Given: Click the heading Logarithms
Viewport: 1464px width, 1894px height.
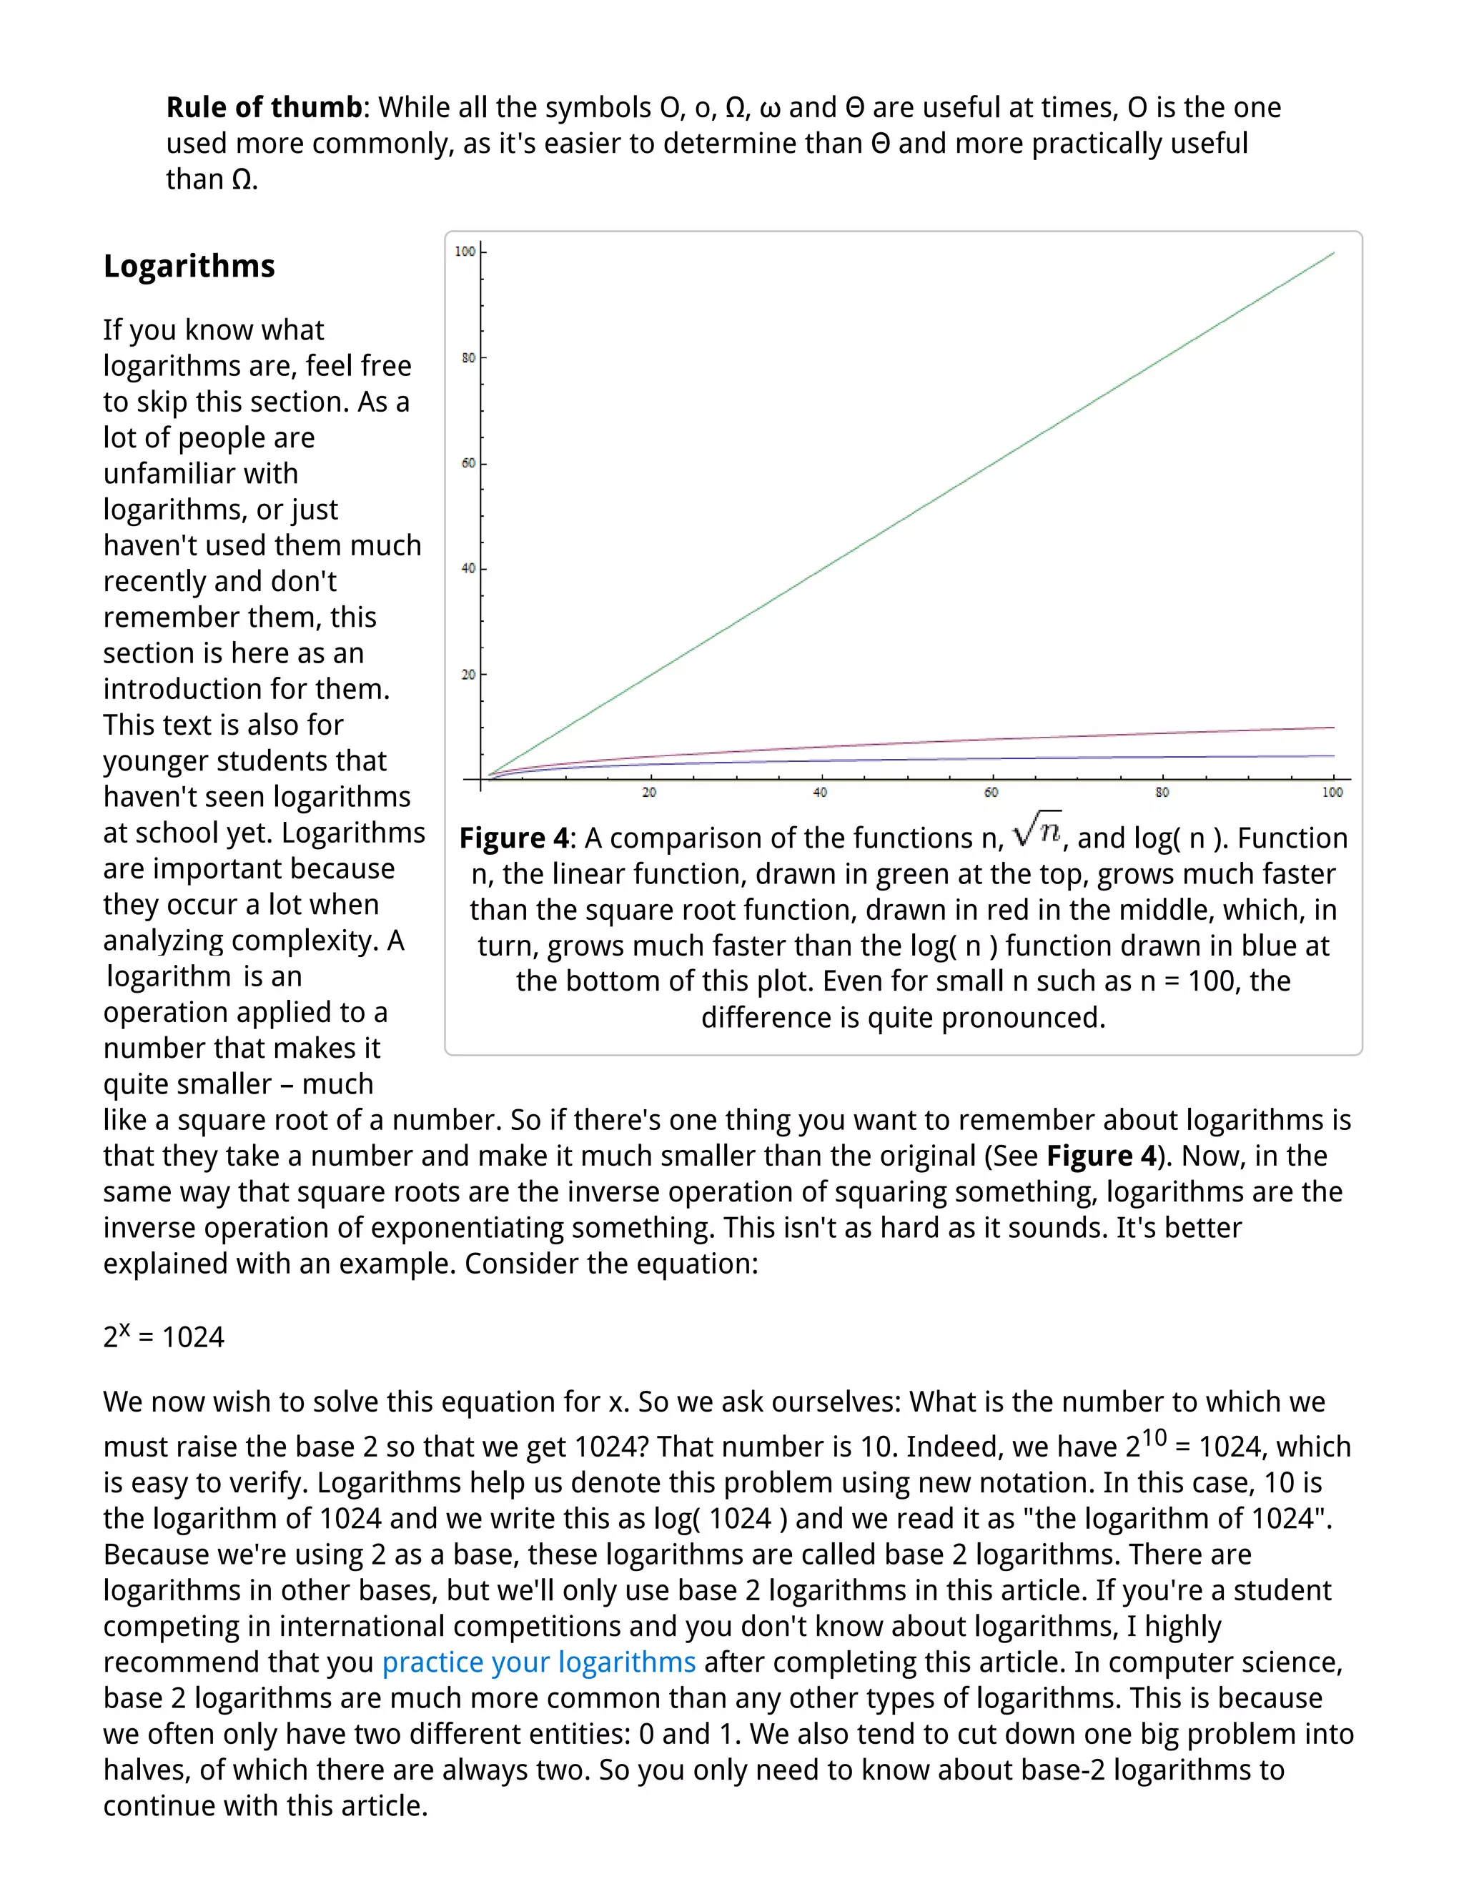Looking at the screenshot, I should [x=188, y=267].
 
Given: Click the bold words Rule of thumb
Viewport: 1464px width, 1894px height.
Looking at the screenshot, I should [x=264, y=107].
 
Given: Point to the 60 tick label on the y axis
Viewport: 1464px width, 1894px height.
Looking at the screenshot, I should [x=468, y=463].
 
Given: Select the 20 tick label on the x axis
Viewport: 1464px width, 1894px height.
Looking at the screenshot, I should [x=649, y=793].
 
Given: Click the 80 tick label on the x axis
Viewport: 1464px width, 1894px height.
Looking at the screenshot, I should [x=1162, y=793].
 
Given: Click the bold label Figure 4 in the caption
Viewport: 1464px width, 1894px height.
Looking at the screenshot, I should [x=513, y=838].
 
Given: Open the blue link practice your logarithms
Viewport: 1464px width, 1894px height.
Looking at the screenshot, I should [x=538, y=1662].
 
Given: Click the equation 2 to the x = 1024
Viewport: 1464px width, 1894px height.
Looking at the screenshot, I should [x=163, y=1337].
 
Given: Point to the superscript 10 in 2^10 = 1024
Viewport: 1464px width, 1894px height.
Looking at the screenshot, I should [x=1154, y=1437].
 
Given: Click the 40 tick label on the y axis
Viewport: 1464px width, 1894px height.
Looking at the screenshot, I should [x=468, y=569].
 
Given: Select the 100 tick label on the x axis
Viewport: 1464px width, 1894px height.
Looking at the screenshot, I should [x=1332, y=793].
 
